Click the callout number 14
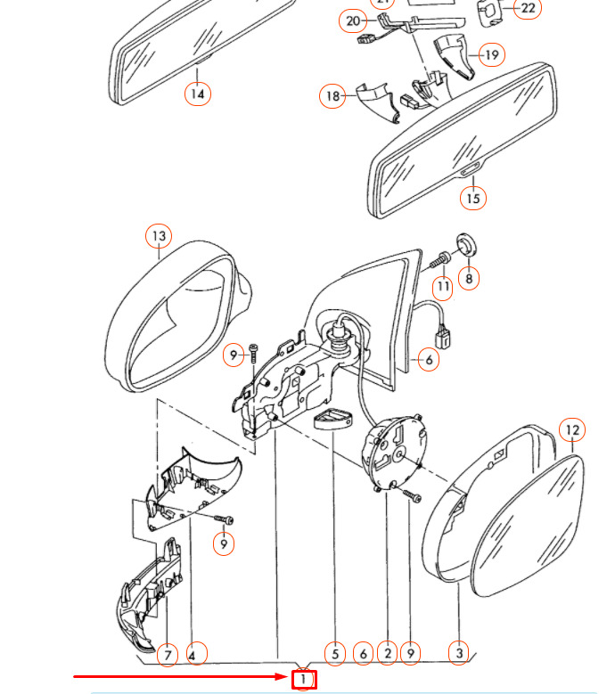tap(198, 94)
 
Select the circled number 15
tap(473, 198)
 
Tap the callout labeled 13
tap(159, 236)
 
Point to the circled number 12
tap(572, 430)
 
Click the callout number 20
tap(353, 20)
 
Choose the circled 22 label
tap(529, 8)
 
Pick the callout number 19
tap(492, 54)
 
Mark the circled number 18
tap(333, 96)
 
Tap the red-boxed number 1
tap(304, 680)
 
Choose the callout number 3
tap(459, 654)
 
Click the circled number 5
tap(334, 654)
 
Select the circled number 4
tap(196, 654)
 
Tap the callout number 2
tap(388, 654)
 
